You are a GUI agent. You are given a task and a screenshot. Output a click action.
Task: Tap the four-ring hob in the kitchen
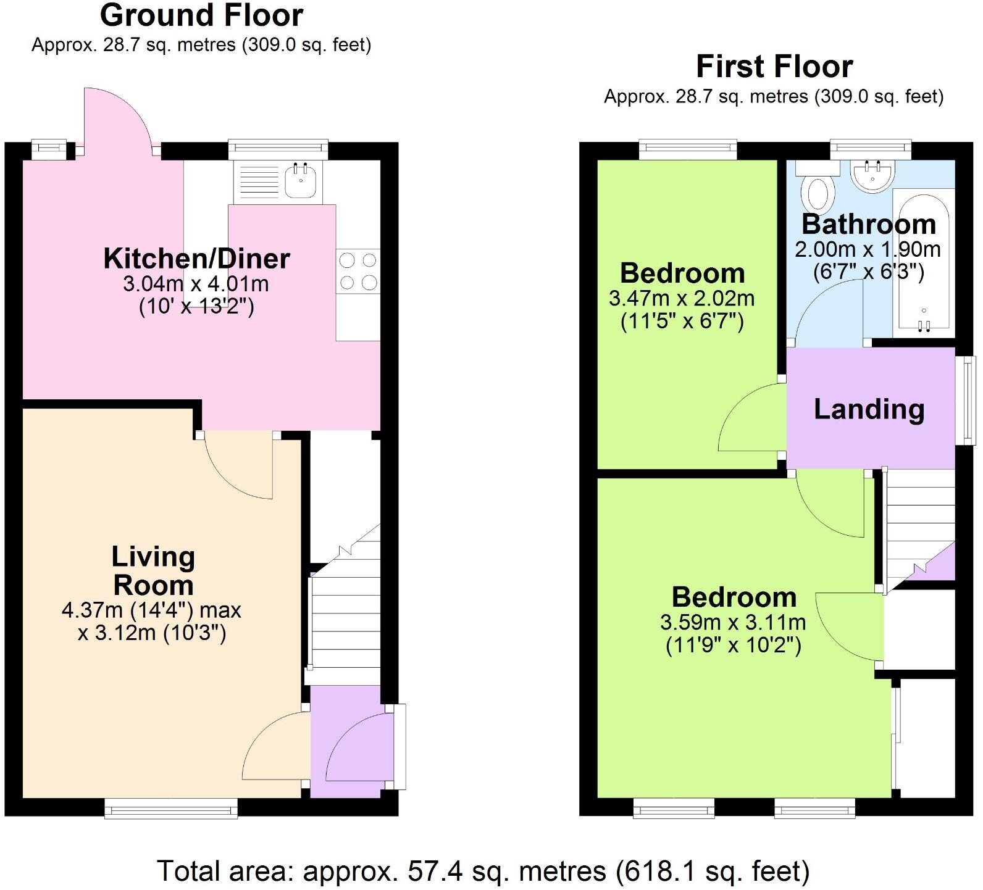pyautogui.click(x=358, y=271)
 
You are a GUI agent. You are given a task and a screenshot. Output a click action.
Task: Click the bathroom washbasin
pyautogui.click(x=872, y=175)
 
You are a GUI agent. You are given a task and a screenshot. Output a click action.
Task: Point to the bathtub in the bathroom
pyautogui.click(x=924, y=262)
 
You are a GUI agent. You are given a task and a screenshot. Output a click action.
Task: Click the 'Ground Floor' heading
pyautogui.click(x=201, y=15)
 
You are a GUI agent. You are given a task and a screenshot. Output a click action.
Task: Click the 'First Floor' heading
pyautogui.click(x=774, y=67)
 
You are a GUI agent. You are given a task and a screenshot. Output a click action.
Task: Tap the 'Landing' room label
pyautogui.click(x=869, y=410)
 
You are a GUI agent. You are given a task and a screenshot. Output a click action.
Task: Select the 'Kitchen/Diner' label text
pyautogui.click(x=196, y=259)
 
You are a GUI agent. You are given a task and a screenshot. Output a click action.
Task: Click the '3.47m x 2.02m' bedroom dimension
pyautogui.click(x=682, y=299)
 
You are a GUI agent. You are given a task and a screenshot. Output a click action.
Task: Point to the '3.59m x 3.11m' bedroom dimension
pyautogui.click(x=733, y=622)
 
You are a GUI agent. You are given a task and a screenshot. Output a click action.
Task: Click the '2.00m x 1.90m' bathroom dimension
pyautogui.click(x=868, y=249)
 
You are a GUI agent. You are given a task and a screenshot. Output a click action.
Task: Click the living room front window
pyautogui.click(x=171, y=808)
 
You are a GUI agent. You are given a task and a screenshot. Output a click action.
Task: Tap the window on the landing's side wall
pyautogui.click(x=966, y=400)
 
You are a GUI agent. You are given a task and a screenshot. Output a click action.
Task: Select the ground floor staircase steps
pyautogui.click(x=345, y=611)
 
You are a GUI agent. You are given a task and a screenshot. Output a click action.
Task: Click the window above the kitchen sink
pyautogui.click(x=278, y=148)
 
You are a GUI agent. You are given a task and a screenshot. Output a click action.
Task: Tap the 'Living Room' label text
pyautogui.click(x=153, y=571)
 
